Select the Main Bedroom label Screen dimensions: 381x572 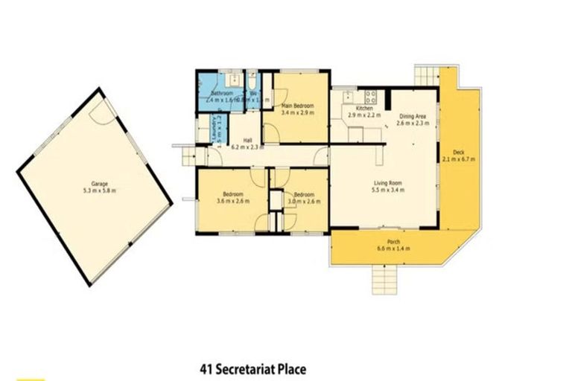298,106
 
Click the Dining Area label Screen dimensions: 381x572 412,115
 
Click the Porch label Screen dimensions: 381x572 384,240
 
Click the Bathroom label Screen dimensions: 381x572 221,93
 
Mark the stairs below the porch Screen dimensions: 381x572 384,281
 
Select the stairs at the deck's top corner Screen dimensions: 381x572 426,76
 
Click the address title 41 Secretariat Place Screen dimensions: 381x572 253,368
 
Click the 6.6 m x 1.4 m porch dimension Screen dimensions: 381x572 384,248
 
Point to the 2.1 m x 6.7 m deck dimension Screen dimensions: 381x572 459,159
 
